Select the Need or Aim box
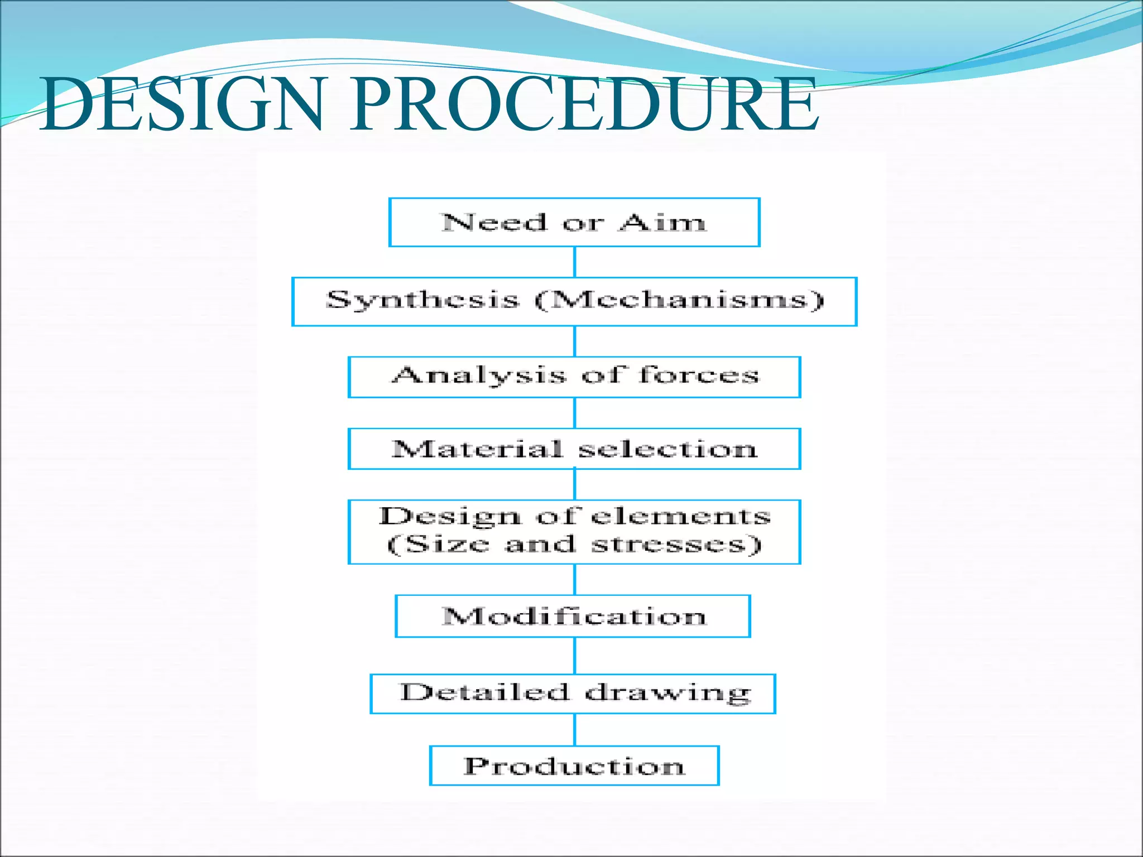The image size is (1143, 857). [x=574, y=223]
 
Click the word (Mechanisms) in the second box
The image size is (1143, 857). [x=679, y=300]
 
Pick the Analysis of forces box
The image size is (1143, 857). [x=574, y=377]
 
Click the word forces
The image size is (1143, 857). [x=699, y=374]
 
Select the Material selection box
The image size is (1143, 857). [x=574, y=449]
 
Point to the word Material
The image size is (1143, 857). [x=477, y=449]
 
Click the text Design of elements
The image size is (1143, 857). [x=574, y=517]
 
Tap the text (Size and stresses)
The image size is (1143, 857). [x=574, y=544]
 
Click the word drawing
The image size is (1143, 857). [x=667, y=694]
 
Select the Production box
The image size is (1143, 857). [x=574, y=765]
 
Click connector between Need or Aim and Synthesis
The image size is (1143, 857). [x=575, y=262]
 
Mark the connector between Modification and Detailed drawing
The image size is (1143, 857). [x=575, y=656]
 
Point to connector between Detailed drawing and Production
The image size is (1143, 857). [x=575, y=730]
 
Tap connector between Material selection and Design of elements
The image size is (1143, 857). [x=575, y=484]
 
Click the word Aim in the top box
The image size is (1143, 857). [x=662, y=223]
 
